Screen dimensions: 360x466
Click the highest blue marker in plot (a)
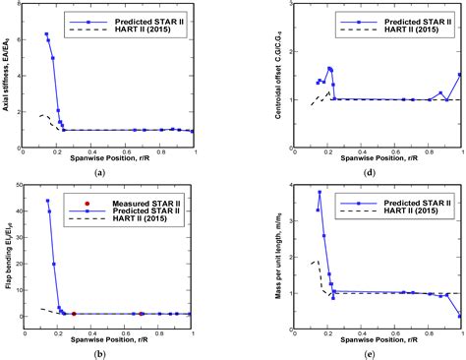(46, 34)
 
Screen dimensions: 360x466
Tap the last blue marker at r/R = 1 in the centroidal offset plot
(460, 74)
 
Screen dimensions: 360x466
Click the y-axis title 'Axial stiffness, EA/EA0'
(7, 75)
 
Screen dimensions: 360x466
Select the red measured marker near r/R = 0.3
(74, 314)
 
